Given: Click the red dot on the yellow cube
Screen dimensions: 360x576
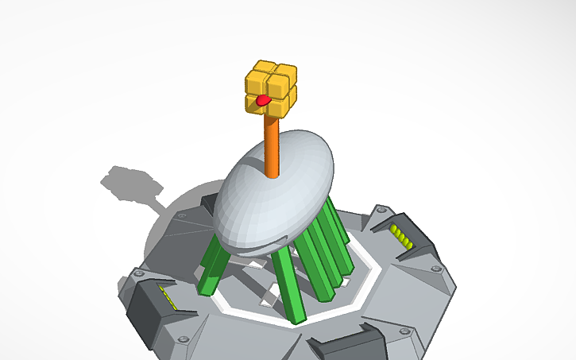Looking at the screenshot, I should coord(262,100).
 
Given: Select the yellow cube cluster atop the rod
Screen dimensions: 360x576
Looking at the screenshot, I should coord(271,88).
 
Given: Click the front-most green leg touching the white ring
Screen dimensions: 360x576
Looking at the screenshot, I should coord(290,286).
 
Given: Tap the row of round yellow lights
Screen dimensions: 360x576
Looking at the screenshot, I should coord(401,236).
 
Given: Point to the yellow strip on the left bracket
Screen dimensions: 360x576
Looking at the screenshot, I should coord(168,296).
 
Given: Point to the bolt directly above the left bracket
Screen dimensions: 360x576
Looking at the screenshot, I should coord(139,273).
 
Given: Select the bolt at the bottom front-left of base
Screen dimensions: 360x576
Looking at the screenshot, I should coord(184,340).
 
